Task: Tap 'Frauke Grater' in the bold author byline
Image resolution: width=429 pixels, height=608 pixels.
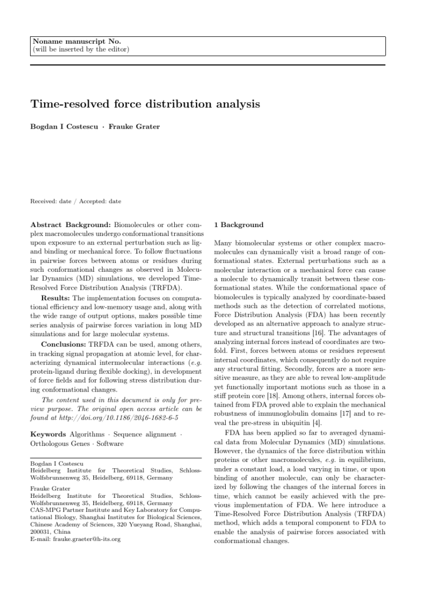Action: pos(134,126)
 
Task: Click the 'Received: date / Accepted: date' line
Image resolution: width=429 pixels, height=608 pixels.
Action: pos(75,201)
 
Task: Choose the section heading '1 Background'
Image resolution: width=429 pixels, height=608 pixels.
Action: pos(239,225)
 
